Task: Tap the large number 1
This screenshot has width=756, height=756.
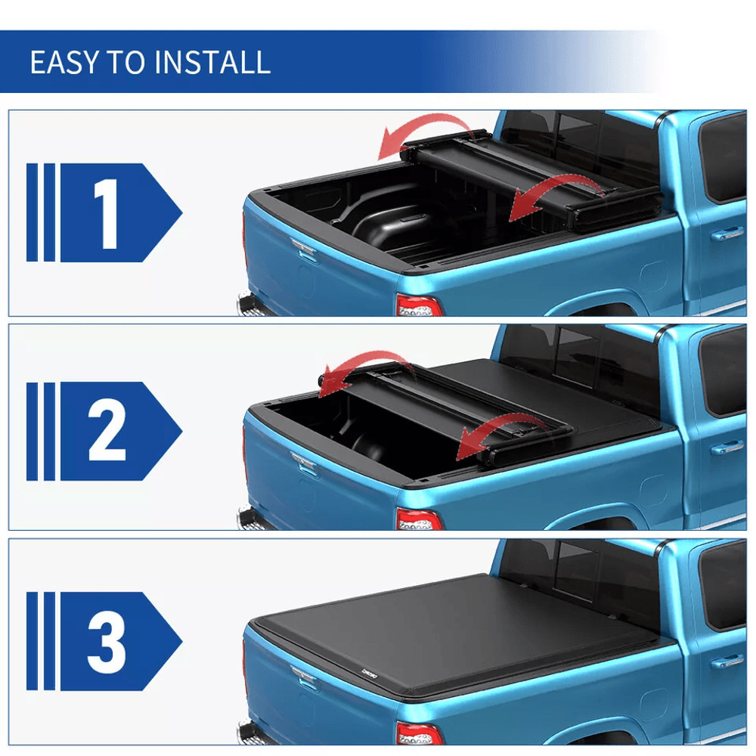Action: pyautogui.click(x=107, y=213)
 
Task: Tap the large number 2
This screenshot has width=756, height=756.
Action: pyautogui.click(x=107, y=431)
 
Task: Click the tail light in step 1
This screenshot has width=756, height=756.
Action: pyautogui.click(x=418, y=305)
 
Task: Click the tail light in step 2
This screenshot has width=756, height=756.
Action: pyautogui.click(x=418, y=520)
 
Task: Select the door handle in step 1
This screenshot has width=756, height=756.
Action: pyautogui.click(x=727, y=234)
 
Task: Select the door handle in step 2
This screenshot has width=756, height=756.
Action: pyautogui.click(x=727, y=448)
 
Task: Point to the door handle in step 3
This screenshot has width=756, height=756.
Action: pyautogui.click(x=727, y=661)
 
